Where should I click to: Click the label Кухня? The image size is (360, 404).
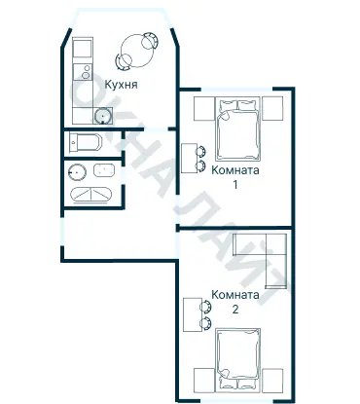click(121, 85)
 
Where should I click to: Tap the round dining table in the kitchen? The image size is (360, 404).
click(136, 52)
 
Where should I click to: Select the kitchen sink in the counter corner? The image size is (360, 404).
click(103, 116)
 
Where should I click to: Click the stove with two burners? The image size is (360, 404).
click(83, 72)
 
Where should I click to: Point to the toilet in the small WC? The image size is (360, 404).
click(86, 142)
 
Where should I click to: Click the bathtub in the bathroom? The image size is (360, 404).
click(91, 195)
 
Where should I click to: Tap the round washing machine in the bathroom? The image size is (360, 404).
click(77, 172)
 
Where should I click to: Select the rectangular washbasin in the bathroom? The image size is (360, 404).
click(104, 170)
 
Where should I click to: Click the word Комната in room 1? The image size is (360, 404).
click(235, 170)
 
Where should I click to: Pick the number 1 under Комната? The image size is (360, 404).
click(235, 185)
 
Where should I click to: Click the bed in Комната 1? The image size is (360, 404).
click(238, 129)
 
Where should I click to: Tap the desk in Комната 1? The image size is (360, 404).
click(189, 159)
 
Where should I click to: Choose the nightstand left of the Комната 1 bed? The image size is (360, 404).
click(204, 108)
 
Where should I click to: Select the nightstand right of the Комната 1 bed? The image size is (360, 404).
click(272, 108)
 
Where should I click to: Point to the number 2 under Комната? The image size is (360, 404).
click(235, 310)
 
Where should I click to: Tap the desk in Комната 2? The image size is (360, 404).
click(192, 315)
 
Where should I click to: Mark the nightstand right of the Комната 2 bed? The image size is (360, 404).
click(272, 380)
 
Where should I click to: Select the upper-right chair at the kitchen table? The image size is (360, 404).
click(150, 40)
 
